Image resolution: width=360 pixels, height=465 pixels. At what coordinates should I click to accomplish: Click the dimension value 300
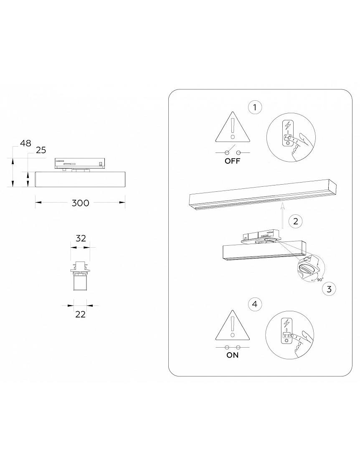(80, 203)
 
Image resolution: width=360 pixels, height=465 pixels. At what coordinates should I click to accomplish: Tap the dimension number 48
(25, 143)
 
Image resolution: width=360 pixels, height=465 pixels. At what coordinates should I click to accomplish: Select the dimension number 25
(41, 150)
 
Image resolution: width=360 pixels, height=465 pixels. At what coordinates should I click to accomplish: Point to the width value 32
(81, 238)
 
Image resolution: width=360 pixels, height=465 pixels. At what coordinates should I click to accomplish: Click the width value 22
(80, 314)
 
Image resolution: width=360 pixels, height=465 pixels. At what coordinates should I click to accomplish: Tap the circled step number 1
(255, 107)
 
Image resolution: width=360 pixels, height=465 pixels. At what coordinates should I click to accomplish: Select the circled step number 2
(295, 221)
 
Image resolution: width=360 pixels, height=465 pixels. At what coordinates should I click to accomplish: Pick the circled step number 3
(329, 289)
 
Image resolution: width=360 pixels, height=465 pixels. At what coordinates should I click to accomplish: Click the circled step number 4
(255, 304)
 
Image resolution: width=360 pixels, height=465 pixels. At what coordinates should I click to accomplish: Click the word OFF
(233, 161)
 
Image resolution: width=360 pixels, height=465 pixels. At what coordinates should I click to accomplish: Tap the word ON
(233, 355)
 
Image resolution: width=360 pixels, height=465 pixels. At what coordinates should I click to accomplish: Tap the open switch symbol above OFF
(233, 151)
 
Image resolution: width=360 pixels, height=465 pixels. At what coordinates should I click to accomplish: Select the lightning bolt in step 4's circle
(286, 323)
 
